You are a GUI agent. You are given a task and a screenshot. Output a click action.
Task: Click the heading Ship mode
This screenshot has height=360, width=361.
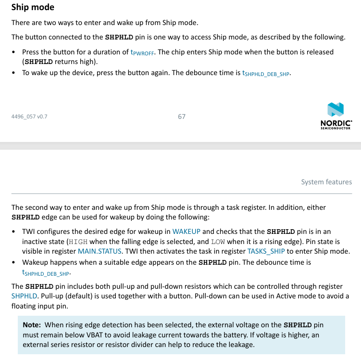tap(33, 7)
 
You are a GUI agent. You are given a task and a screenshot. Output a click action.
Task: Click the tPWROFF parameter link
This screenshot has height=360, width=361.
tap(142, 52)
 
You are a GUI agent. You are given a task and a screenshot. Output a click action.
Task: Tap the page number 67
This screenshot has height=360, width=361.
tap(181, 116)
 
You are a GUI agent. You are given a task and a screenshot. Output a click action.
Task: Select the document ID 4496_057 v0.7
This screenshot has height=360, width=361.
tap(29, 116)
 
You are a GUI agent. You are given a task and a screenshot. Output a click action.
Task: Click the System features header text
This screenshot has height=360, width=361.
tap(326, 182)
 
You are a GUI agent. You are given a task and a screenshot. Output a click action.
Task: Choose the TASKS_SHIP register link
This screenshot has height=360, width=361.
tap(266, 251)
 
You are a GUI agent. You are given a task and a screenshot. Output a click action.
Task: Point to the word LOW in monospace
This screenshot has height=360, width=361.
tap(217, 242)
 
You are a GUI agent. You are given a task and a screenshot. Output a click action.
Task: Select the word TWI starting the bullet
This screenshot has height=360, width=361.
tap(29, 231)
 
